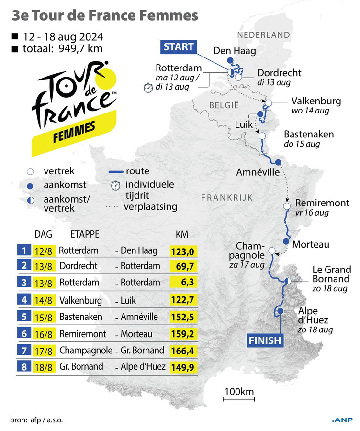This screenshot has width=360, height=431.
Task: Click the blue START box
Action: coord(179,46)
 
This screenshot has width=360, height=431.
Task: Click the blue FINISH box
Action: coord(265,340)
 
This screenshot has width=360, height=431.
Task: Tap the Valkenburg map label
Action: coord(316,101)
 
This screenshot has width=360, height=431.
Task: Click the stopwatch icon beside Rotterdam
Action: coord(148,87)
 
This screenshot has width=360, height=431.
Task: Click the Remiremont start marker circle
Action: coord(287,206)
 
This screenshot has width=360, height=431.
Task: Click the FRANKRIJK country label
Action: coord(227,197)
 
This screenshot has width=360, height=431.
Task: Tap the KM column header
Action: coord(182,235)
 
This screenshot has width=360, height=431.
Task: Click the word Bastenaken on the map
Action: coord(309,134)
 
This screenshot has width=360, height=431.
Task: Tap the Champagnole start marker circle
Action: coord(272,250)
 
